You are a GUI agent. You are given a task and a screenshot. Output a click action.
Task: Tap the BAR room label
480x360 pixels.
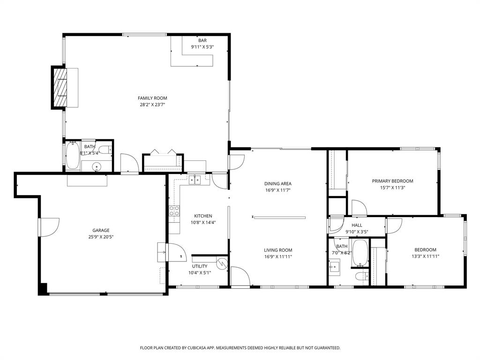coord(202,41)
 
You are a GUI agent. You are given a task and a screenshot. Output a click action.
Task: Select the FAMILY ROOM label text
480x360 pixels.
coord(152,98)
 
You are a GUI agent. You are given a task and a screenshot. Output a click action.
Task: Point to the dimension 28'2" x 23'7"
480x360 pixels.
coord(152,105)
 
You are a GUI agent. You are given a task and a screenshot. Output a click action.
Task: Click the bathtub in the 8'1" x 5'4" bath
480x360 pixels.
coord(72,157)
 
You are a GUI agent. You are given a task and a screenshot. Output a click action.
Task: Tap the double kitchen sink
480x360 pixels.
coord(195,179)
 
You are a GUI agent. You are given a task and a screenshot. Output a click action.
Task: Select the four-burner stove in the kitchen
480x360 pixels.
coord(174,211)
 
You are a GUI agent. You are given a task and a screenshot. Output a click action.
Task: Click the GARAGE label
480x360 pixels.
coord(101,230)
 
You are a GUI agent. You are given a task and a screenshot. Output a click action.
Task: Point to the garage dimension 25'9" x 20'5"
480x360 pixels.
coord(101,237)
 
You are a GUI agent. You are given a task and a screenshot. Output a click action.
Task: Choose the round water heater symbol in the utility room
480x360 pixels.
coord(222,262)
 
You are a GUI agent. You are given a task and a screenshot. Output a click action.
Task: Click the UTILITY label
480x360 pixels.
coord(200,266)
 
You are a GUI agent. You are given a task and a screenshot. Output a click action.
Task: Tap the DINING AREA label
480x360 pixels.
coord(278,184)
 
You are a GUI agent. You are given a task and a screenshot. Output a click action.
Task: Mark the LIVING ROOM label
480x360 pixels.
coord(278,250)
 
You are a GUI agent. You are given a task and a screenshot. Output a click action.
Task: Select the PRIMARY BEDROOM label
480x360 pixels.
coord(392,181)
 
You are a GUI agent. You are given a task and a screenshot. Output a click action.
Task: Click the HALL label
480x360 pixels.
coord(357,225)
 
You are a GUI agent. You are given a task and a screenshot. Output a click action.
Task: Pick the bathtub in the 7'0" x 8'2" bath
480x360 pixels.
coord(360,253)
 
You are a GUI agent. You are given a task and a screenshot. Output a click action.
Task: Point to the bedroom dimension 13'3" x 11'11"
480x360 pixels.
coord(425,256)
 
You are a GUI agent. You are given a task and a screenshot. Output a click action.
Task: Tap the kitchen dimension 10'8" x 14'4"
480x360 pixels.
coord(203,223)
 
